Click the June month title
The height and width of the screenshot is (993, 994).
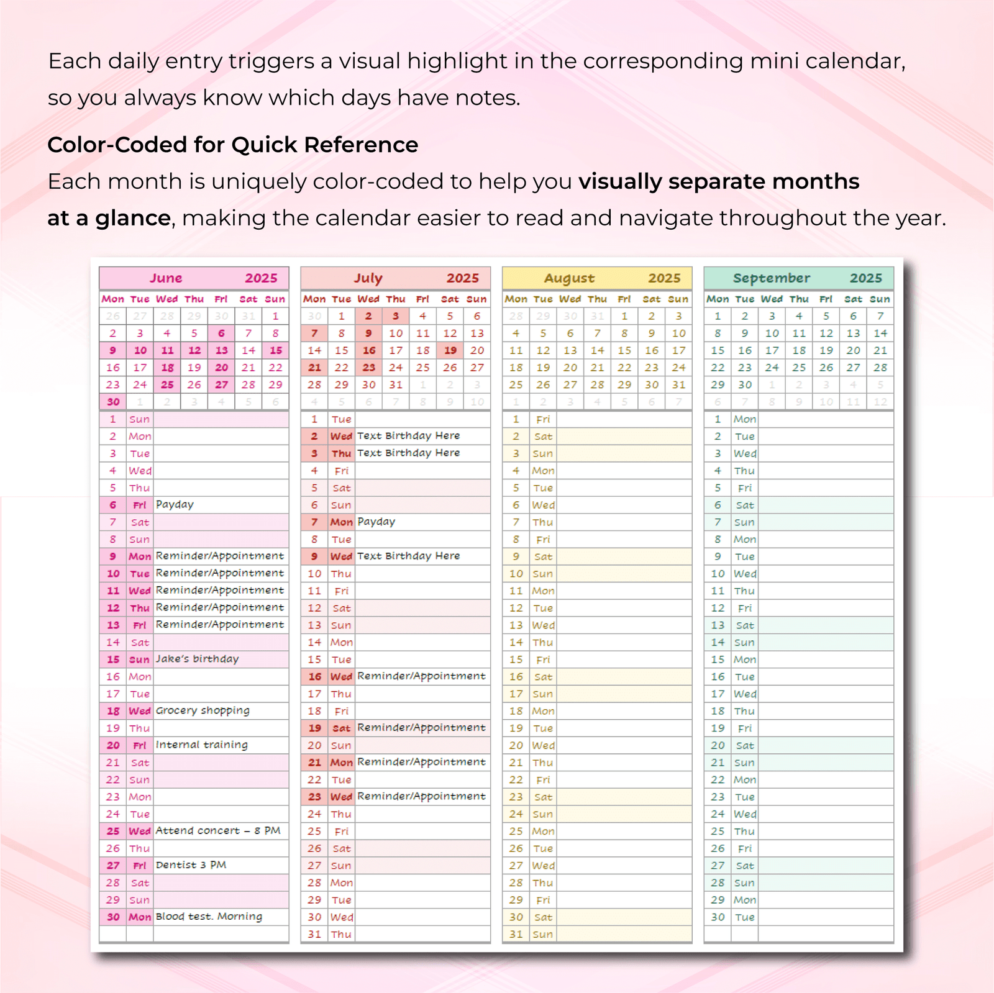(x=166, y=278)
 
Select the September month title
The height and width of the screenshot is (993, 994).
(x=771, y=278)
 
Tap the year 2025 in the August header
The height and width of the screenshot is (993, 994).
(x=664, y=278)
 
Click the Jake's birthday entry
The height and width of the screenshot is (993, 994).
(x=197, y=659)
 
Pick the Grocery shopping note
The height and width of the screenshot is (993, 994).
(x=203, y=710)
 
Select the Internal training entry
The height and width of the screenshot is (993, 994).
(x=201, y=745)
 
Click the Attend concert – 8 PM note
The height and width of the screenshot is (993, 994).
(x=218, y=830)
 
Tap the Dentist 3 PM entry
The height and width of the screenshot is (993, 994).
(x=191, y=864)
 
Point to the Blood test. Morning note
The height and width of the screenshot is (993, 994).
(x=209, y=917)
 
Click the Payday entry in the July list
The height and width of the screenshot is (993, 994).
(x=376, y=522)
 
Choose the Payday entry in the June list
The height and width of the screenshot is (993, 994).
(x=175, y=504)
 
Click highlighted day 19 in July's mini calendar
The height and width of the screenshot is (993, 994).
(x=450, y=350)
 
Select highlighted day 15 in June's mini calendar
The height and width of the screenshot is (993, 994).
(x=276, y=350)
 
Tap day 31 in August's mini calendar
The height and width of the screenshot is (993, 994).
(x=678, y=385)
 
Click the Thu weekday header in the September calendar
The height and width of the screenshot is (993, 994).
(x=799, y=299)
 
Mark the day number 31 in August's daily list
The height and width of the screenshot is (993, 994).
(x=516, y=934)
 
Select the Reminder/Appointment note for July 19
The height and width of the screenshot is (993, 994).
(x=421, y=727)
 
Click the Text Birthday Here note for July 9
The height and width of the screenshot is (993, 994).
(x=408, y=556)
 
